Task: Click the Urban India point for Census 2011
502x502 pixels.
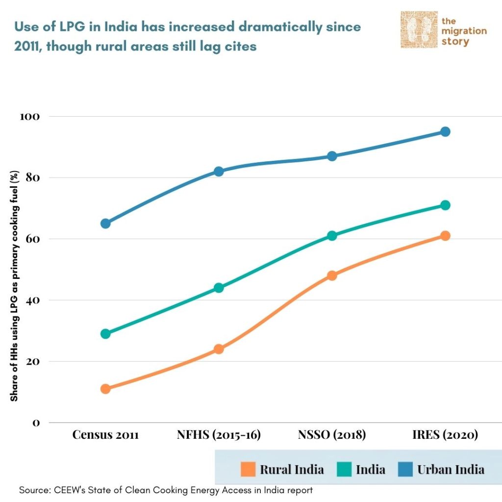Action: click(105, 224)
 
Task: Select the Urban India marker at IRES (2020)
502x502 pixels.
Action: click(445, 131)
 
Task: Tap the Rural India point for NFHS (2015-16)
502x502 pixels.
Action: click(219, 349)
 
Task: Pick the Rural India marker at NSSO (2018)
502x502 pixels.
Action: click(332, 276)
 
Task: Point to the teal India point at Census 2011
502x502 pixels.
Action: click(105, 334)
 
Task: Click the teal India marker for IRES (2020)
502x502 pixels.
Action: click(445, 205)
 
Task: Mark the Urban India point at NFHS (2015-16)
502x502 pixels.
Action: click(219, 171)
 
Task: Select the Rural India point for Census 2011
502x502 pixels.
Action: click(105, 389)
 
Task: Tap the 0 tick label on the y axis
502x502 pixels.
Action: click(36, 423)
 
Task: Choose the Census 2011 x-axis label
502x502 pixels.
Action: click(105, 435)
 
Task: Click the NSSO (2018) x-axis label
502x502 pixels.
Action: click(332, 435)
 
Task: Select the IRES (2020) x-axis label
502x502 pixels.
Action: click(445, 435)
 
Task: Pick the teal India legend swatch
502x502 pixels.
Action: click(344, 469)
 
